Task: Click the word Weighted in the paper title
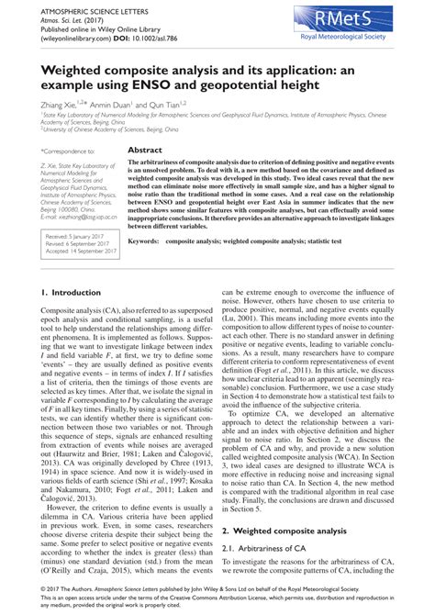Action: [x=75, y=69]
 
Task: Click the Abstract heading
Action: [x=145, y=149]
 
